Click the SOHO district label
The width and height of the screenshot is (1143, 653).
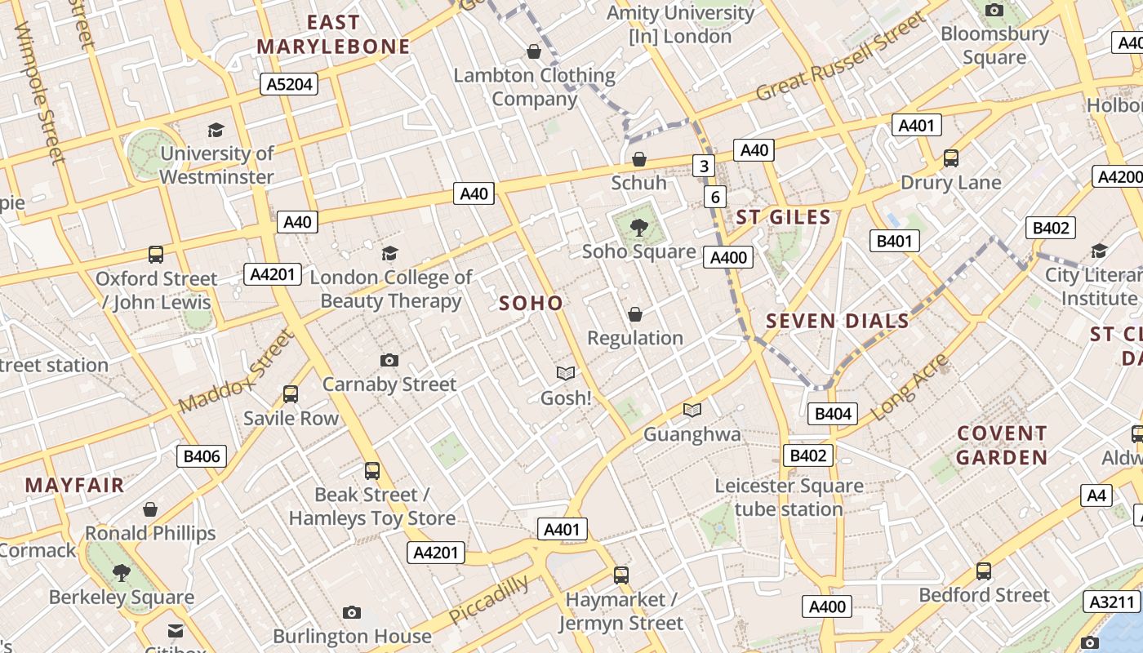click(x=531, y=304)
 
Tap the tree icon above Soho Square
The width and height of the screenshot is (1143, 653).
click(x=639, y=228)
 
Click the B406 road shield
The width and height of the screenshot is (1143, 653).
click(x=201, y=456)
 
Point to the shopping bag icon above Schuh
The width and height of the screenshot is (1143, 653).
click(x=639, y=159)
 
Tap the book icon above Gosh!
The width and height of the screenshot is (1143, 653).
click(x=566, y=374)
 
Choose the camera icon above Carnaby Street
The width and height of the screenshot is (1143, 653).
click(x=389, y=360)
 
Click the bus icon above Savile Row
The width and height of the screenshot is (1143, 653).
click(x=290, y=394)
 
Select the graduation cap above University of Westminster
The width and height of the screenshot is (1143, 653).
click(x=216, y=130)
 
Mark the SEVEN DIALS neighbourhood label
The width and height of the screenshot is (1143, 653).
click(x=837, y=321)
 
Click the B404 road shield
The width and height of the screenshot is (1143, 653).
click(x=833, y=414)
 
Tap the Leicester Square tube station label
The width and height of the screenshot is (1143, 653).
click(x=789, y=497)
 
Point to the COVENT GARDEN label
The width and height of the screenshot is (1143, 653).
click(x=1002, y=445)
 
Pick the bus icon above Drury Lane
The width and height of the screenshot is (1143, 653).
click(x=950, y=158)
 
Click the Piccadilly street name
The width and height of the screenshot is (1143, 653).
click(x=488, y=600)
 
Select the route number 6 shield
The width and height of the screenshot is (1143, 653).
click(x=715, y=197)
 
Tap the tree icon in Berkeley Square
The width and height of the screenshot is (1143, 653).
click(x=122, y=573)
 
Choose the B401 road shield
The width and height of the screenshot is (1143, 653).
click(x=894, y=241)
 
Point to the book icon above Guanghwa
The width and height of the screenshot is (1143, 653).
click(x=692, y=411)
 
